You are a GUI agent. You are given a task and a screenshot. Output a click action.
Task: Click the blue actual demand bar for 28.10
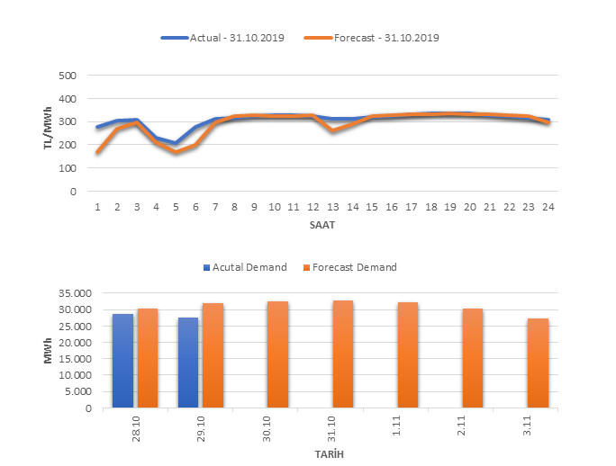pyautogui.click(x=122, y=360)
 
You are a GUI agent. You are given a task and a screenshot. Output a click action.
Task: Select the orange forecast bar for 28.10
pyautogui.click(x=148, y=358)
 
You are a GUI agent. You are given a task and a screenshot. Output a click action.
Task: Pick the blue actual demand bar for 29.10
pyautogui.click(x=187, y=362)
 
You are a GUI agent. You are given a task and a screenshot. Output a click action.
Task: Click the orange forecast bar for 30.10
pyautogui.click(x=277, y=354)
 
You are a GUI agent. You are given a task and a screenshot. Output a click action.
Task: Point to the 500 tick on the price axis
pyautogui.click(x=67, y=76)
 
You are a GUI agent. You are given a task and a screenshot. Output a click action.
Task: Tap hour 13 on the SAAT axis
pyautogui.click(x=332, y=207)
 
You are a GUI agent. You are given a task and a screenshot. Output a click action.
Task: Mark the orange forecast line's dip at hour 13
pyautogui.click(x=333, y=130)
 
